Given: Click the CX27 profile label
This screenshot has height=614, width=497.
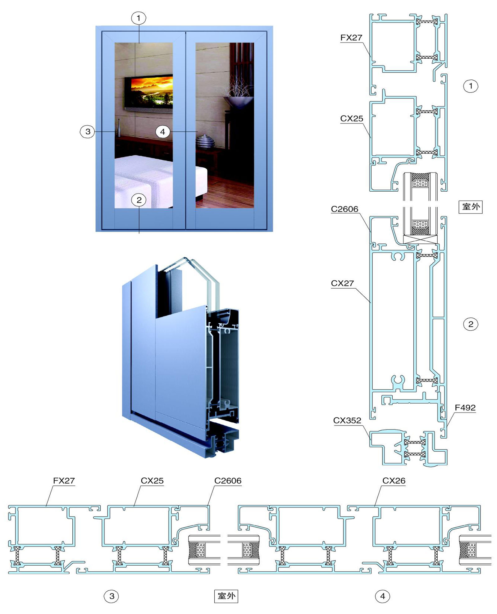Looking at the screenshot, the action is pyautogui.click(x=342, y=283).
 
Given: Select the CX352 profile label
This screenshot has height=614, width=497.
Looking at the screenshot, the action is pyautogui.click(x=347, y=421).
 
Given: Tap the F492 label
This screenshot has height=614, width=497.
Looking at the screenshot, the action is pyautogui.click(x=465, y=408).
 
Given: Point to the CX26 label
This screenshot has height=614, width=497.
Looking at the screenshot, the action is pyautogui.click(x=394, y=481).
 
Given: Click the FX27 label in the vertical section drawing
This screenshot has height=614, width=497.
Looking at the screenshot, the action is pyautogui.click(x=351, y=38).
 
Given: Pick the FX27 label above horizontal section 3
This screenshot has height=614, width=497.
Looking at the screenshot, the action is pyautogui.click(x=64, y=481).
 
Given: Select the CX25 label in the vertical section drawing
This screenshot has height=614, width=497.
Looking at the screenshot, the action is pyautogui.click(x=352, y=119).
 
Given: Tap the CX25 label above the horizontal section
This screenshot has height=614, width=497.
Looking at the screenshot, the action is pyautogui.click(x=152, y=481).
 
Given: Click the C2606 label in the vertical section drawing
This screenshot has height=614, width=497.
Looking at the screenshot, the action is pyautogui.click(x=344, y=209).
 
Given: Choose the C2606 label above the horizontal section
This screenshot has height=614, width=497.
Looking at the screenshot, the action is pyautogui.click(x=228, y=481).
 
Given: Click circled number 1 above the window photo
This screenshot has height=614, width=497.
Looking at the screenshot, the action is pyautogui.click(x=139, y=18).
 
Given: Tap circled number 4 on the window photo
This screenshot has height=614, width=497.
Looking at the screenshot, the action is pyautogui.click(x=162, y=132).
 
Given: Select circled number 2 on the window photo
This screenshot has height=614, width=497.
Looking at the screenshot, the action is pyautogui.click(x=139, y=200).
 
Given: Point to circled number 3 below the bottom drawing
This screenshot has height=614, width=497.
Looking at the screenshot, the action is pyautogui.click(x=112, y=596).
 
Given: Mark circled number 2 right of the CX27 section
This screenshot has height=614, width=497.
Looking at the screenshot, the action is pyautogui.click(x=471, y=324).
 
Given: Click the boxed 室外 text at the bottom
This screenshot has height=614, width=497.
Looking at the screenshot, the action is pyautogui.click(x=226, y=596).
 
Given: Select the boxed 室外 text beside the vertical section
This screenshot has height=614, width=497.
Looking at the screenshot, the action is pyautogui.click(x=471, y=207).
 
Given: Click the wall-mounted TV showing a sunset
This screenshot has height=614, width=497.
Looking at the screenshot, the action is pyautogui.click(x=149, y=92).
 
